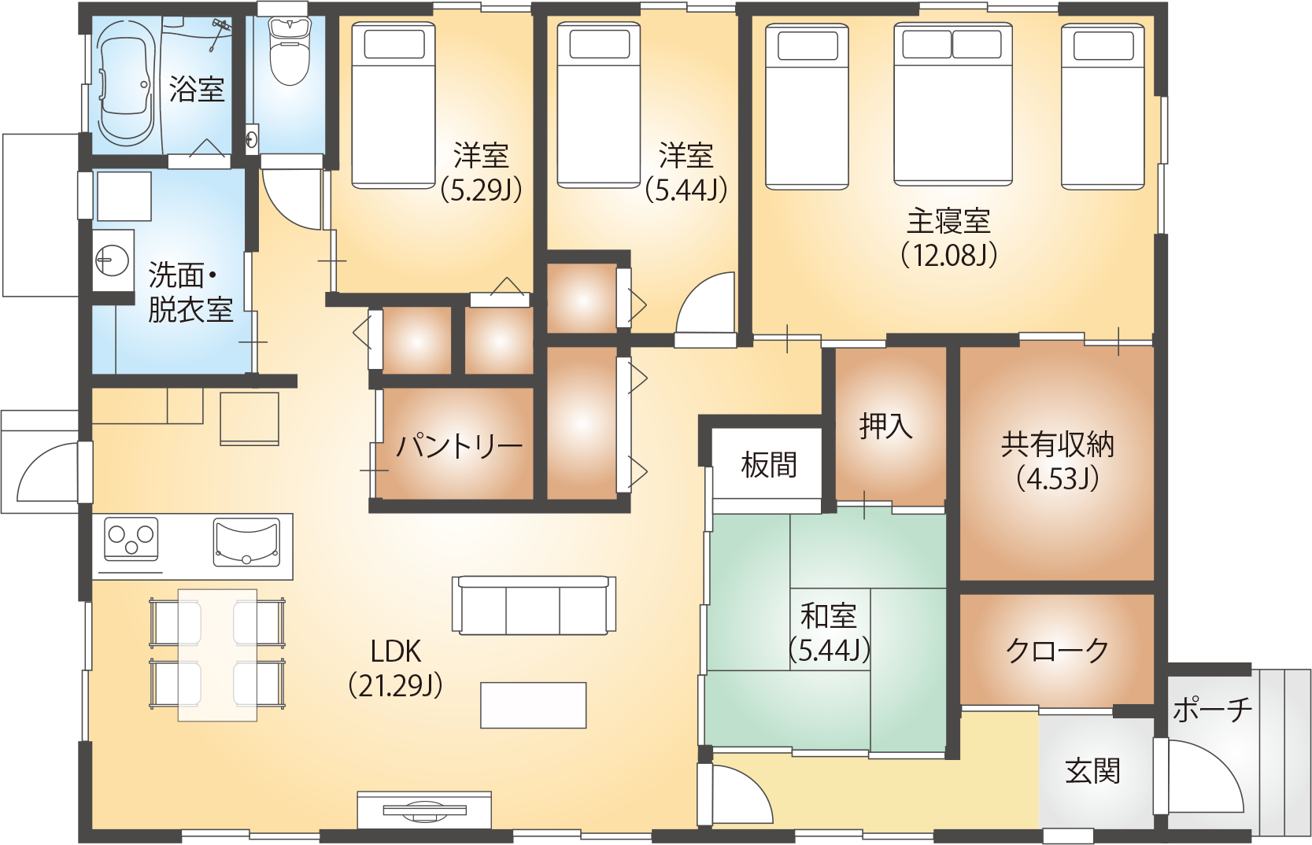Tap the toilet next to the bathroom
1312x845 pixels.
click(289, 52)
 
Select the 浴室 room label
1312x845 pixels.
click(197, 89)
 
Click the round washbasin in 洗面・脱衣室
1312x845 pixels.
click(112, 259)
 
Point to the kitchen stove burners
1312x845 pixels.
click(131, 539)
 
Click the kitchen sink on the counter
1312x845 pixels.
click(246, 541)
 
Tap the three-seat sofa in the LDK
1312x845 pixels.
click(534, 605)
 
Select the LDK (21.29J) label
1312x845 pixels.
click(395, 668)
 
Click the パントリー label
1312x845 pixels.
click(459, 447)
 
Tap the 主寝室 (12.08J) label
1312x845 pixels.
click(948, 238)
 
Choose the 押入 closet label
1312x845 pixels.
click(886, 426)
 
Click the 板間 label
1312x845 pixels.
click(769, 465)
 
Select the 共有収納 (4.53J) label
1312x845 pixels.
click(1057, 461)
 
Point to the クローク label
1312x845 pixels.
click(1057, 651)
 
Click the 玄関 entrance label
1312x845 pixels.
click(1092, 771)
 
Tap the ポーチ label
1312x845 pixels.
click(1212, 710)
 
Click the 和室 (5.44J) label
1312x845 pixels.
click(829, 633)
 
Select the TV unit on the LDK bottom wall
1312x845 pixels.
click(424, 810)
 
